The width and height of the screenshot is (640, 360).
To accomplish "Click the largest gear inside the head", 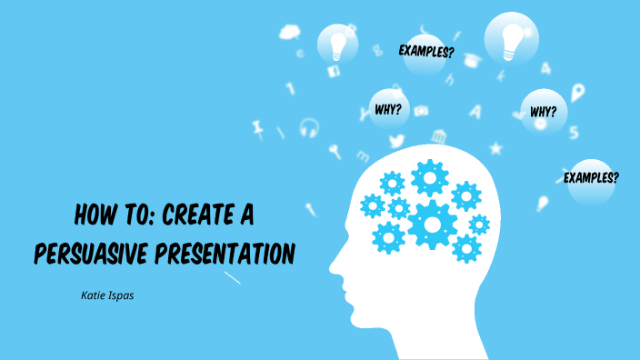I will (432, 224).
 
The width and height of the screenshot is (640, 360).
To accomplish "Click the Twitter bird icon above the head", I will (396, 141).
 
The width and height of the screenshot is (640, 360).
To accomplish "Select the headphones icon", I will (309, 127).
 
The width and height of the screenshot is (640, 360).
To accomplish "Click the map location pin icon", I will (576, 92).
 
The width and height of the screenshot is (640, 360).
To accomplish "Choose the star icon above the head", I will (495, 147).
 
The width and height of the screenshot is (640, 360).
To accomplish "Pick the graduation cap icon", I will (471, 59).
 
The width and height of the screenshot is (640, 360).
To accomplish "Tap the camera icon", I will (420, 111).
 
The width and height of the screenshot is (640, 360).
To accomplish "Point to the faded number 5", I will (574, 133).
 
